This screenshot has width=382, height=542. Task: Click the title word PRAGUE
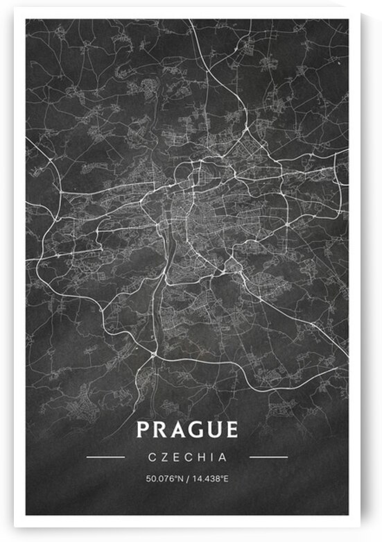pos(187,430)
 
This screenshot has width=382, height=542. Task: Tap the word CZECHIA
pos(187,457)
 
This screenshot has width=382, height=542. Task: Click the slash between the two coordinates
pos(186,478)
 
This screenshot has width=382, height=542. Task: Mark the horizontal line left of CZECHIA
pos(106,457)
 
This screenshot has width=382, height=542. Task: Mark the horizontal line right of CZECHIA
pos(268,457)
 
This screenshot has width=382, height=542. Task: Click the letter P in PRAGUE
pos(143,430)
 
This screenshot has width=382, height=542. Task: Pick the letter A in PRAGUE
pos(177,430)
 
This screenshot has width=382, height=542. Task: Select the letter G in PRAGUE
pos(196,430)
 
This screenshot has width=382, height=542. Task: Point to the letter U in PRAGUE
pos(214,430)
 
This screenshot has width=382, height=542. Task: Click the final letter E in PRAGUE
pos(232,430)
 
